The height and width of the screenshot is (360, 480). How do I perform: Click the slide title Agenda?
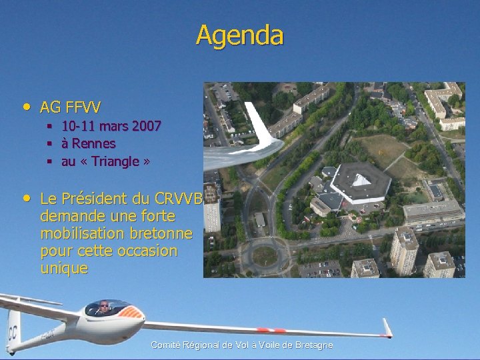tap(240, 35)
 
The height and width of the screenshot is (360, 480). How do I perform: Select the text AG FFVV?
tap(71, 107)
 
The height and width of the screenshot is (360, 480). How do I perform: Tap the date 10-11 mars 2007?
tap(111, 125)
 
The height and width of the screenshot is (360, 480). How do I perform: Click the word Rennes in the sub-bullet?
tap(93, 143)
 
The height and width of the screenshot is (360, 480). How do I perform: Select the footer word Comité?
tap(165, 345)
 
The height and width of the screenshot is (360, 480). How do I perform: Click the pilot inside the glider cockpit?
tap(103, 308)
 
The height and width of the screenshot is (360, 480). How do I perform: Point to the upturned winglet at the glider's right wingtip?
tap(386, 327)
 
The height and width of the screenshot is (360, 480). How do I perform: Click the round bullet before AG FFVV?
tap(26, 106)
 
